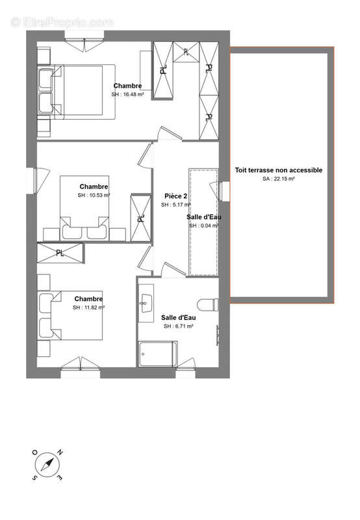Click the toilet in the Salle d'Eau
coord(208,305)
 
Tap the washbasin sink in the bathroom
coord(146,303)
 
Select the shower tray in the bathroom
coord(158,354)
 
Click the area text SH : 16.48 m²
coord(127,94)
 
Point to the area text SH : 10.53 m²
coord(94,196)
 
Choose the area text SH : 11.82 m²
coord(89,307)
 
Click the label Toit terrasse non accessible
coord(279,170)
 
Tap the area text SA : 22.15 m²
coord(279,179)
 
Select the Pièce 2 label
coord(175,196)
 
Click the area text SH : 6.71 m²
coord(178,326)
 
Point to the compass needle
coord(47,465)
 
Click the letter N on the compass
coord(60,452)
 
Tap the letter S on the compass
coord(34,478)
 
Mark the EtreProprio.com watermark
coord(62,23)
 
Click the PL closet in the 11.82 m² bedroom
coord(60,253)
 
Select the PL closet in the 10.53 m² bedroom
coord(141,218)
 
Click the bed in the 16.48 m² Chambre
coord(76,92)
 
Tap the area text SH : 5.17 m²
coord(175,205)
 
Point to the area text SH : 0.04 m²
coord(204,226)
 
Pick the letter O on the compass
coord(34,452)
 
